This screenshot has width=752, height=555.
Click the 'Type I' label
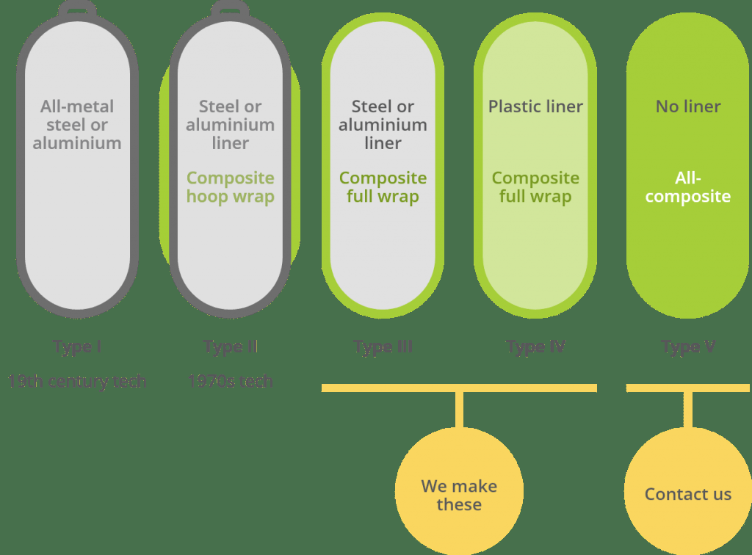(77, 347)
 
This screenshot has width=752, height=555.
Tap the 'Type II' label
(230, 347)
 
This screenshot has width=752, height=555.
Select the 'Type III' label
(383, 347)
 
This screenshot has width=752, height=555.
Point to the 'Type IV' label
(535, 347)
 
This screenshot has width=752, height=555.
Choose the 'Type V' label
(688, 347)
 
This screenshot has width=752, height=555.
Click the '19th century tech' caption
(77, 381)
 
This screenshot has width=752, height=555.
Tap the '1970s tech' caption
(230, 381)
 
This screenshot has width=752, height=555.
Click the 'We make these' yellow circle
(459, 490)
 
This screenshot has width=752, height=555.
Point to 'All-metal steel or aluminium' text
(77, 125)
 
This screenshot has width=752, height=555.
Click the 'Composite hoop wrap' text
(230, 187)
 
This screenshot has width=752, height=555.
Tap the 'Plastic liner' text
(535, 106)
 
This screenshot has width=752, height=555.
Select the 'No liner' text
(688, 106)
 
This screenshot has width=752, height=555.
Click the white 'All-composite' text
(688, 187)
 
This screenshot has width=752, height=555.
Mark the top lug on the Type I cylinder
(77, 9)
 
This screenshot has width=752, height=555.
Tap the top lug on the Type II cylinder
(230, 9)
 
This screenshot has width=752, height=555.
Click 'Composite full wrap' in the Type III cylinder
(383, 187)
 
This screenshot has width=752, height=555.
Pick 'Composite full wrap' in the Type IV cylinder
(535, 187)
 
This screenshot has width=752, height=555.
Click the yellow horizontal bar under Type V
(688, 388)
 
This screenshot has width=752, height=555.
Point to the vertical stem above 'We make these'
(459, 409)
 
